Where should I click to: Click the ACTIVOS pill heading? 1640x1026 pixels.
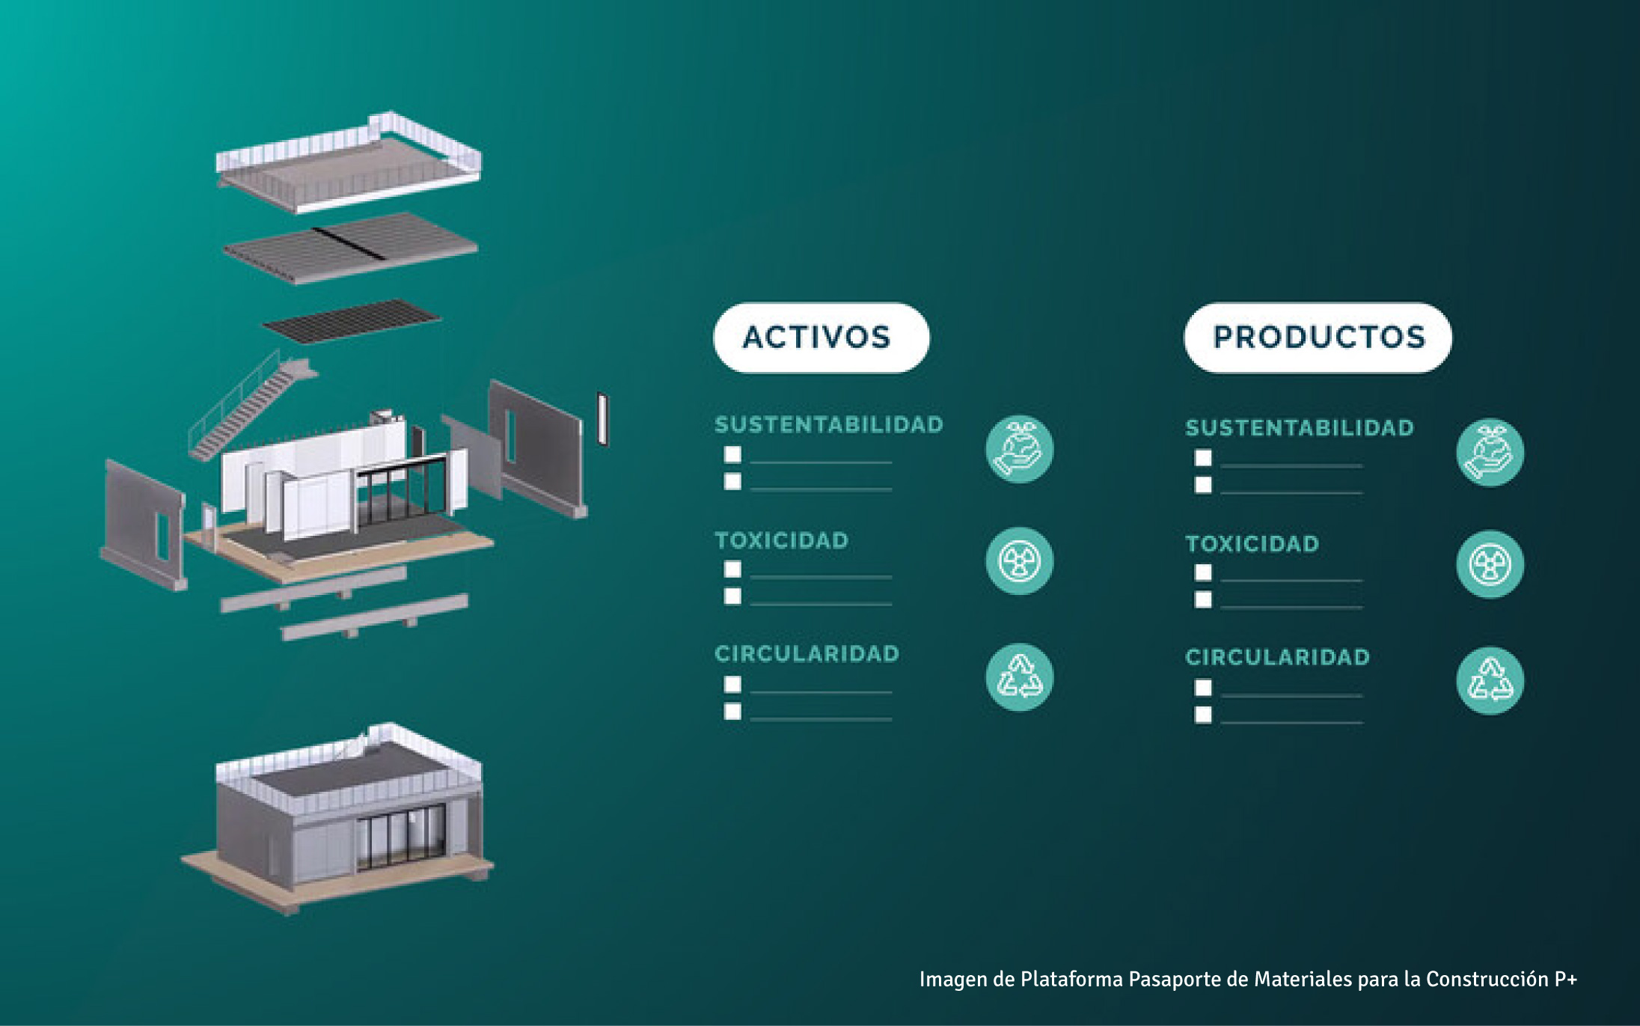pyautogui.click(x=821, y=338)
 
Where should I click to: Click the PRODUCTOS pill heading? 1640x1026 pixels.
pyautogui.click(x=1318, y=338)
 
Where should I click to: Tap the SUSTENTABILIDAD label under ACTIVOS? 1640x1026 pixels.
pyautogui.click(x=828, y=425)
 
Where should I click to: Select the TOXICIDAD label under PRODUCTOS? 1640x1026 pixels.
pyautogui.click(x=1252, y=544)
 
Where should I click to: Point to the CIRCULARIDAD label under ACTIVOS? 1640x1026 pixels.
pyautogui.click(x=807, y=654)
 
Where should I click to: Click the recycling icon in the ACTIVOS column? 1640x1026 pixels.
pyautogui.click(x=1019, y=677)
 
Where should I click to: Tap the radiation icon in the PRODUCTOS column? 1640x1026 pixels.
pyautogui.click(x=1490, y=564)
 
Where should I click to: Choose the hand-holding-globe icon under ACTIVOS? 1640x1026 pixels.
pyautogui.click(x=1019, y=449)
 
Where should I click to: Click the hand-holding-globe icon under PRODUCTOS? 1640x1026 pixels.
pyautogui.click(x=1490, y=452)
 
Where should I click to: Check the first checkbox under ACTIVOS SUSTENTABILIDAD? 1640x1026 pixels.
pyautogui.click(x=732, y=454)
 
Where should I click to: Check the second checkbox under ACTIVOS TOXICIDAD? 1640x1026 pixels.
pyautogui.click(x=732, y=596)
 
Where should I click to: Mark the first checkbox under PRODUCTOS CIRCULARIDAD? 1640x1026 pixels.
pyautogui.click(x=1203, y=687)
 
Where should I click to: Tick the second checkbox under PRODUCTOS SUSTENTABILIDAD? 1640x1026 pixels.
pyautogui.click(x=1203, y=485)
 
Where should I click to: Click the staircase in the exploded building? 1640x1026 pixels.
pyautogui.click(x=247, y=408)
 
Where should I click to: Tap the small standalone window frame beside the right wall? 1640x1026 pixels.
pyautogui.click(x=602, y=418)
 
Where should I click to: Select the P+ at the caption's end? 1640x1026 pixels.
pyautogui.click(x=1564, y=980)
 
